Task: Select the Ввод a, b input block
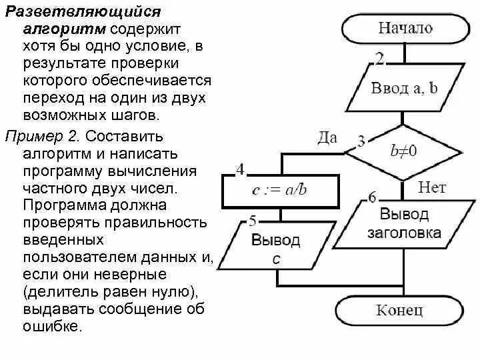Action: click(x=405, y=89)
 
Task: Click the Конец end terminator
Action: click(x=400, y=310)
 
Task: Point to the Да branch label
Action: click(x=327, y=138)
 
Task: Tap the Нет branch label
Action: click(x=431, y=187)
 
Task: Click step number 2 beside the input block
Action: click(x=379, y=59)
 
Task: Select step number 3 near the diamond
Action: click(x=361, y=141)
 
